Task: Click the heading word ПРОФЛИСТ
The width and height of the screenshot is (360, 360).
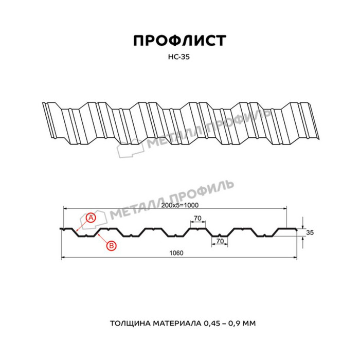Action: pos(180,41)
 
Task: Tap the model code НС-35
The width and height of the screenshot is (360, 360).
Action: pos(180,58)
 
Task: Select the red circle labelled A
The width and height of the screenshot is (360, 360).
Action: pos(91,218)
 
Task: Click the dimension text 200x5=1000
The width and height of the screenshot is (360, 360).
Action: pos(179,205)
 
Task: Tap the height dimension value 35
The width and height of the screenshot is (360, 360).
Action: pos(310,233)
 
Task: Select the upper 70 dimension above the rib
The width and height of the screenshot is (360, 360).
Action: pos(197,219)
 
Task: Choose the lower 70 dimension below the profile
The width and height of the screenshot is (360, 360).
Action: pos(219,241)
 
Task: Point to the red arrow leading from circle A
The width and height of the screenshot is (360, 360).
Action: pos(81,225)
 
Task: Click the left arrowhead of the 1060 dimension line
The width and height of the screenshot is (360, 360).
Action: pos(64,257)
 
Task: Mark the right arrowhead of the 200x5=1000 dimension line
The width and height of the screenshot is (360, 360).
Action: pos(286,208)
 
